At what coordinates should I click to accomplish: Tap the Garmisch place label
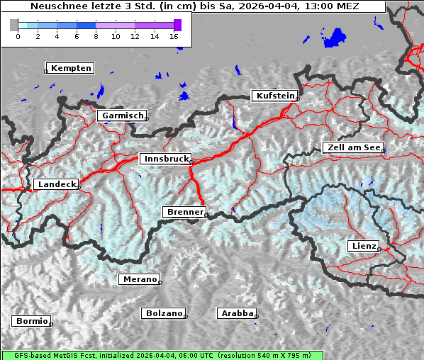coord(123,116)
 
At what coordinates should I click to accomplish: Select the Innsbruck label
coord(165,159)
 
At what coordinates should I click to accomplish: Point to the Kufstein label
coord(274,96)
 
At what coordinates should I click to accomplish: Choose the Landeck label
coord(56,184)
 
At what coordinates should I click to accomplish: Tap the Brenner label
coord(185,212)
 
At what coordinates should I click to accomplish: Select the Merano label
coord(140,279)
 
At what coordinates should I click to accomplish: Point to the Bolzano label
coord(164,313)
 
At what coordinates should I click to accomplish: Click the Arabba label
coord(236,313)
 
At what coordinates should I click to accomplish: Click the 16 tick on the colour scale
coord(174,36)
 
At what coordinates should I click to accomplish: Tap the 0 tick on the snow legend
coord(18,36)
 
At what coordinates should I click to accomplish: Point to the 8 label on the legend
coord(96,36)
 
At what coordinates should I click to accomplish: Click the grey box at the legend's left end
coord(13,25)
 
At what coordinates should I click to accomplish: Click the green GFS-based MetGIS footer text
coord(162,355)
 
